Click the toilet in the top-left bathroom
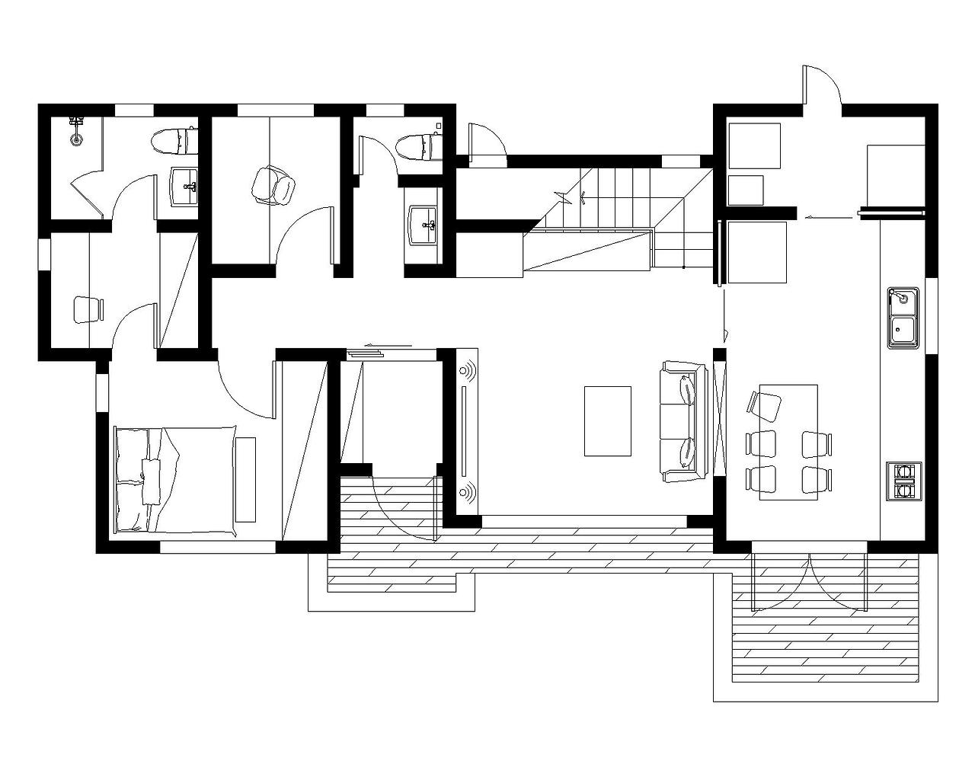coord(171,141)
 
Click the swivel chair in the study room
coord(272,185)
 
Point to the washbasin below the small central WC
coord(424,225)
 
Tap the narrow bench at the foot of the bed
coord(245,479)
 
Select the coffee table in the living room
coord(607,420)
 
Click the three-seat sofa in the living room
coord(680,421)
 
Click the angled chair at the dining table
coord(766,404)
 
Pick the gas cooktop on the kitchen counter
coord(904,481)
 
